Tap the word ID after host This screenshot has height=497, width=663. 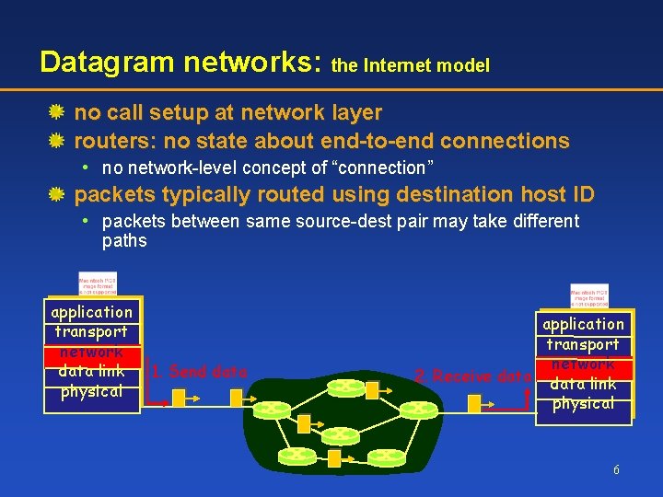579,194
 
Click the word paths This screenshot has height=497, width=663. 124,240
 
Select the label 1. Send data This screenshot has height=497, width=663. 200,372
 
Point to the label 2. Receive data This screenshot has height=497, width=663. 473,376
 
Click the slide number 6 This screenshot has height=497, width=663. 616,470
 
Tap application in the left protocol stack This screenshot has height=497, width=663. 92,312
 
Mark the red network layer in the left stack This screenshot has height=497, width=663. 92,352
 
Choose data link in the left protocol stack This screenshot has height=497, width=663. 92,371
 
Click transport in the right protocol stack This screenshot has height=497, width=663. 584,344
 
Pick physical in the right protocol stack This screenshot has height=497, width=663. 584,403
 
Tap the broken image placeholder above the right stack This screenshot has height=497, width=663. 589,295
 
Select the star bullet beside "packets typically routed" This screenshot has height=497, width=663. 56,194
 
